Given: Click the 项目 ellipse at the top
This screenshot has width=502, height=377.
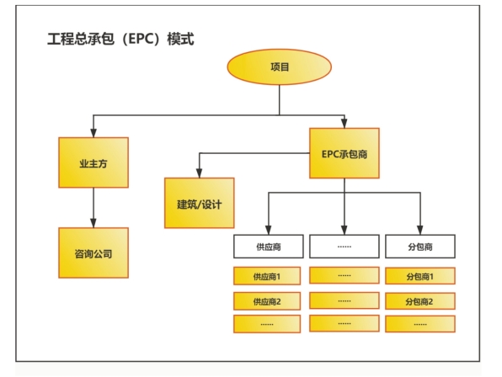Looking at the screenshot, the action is click(x=279, y=66).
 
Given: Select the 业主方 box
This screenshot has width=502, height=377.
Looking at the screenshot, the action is click(x=93, y=162).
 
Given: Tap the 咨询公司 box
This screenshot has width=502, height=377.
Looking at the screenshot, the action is click(x=93, y=252).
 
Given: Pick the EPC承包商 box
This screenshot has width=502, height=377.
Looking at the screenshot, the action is click(x=344, y=153).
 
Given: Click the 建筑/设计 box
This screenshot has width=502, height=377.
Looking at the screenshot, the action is click(x=199, y=203).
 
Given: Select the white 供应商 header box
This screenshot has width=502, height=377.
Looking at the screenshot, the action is click(x=269, y=247).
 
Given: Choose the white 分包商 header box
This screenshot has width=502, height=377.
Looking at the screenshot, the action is click(x=420, y=247).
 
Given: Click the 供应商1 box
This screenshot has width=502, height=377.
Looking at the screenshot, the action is click(x=267, y=276).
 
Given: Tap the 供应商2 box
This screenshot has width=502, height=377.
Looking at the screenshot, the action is click(x=267, y=301).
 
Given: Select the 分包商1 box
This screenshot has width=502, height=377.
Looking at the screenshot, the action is click(x=420, y=276).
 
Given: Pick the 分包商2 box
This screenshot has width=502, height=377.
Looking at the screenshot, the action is click(x=420, y=301).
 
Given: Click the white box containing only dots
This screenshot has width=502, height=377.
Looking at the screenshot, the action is click(x=344, y=247).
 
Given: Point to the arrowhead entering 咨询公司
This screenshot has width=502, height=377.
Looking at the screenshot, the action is click(x=93, y=223).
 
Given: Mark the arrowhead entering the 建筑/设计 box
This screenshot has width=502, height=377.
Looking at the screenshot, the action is click(x=199, y=173).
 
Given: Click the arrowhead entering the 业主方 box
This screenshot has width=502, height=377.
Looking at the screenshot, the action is click(x=93, y=133).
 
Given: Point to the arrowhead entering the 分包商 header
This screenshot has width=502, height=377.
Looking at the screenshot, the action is click(x=420, y=231).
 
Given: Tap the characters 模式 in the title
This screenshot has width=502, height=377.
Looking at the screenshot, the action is click(x=181, y=39).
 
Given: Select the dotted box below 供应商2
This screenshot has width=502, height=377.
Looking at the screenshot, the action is click(x=267, y=324).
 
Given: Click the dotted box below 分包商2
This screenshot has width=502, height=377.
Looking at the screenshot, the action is click(x=420, y=324).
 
